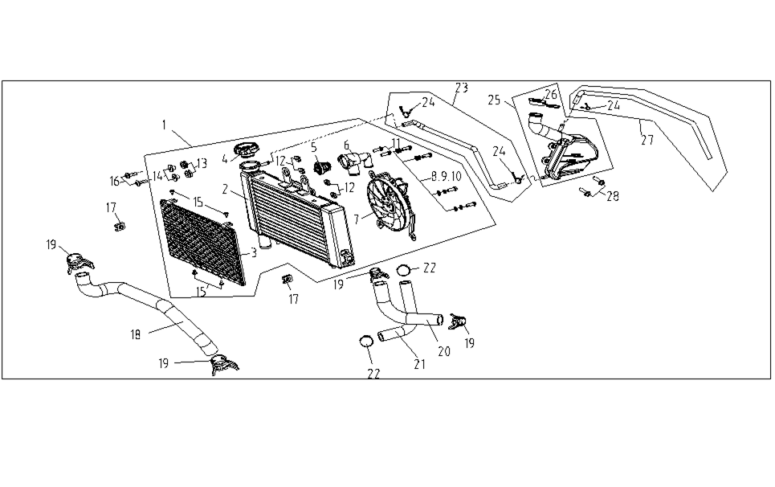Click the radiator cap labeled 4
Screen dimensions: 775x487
(246, 149)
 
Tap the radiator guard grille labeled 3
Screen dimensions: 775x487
(202, 241)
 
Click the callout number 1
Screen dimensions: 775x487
(164, 125)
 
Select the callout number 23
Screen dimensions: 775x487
(462, 88)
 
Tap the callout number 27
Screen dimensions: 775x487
(647, 141)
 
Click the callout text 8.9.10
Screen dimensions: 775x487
(446, 175)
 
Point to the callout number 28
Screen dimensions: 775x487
(613, 196)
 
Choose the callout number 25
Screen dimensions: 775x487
(494, 100)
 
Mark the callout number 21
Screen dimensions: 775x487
(419, 364)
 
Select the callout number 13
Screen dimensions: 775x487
(202, 163)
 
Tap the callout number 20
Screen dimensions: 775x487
(444, 351)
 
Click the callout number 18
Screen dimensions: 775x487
(136, 335)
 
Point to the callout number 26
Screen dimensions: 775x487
(551, 95)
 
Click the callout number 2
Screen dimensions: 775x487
(225, 189)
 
